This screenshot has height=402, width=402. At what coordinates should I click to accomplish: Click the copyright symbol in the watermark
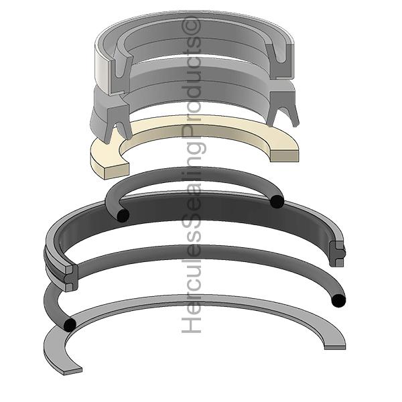[x=191, y=25]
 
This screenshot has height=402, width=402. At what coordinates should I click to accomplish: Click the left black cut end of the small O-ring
[x=123, y=215]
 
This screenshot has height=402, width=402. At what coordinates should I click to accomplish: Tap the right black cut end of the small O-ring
[x=277, y=201]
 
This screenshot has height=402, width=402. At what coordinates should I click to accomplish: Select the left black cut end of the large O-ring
[x=70, y=324]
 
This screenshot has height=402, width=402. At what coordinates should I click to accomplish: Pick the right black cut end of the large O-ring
[x=338, y=300]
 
